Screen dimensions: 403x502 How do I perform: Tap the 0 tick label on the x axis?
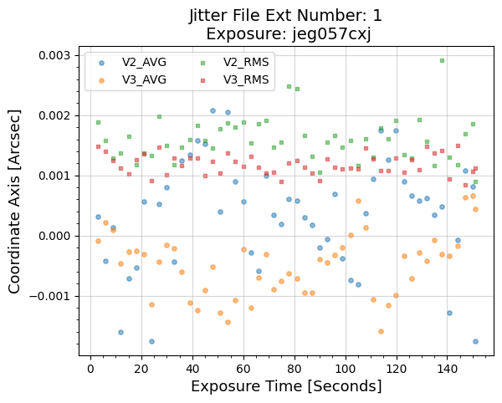90,368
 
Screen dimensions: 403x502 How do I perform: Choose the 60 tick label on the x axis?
243,368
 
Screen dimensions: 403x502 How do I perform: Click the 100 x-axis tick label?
346,368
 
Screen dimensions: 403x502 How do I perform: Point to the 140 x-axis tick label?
448,368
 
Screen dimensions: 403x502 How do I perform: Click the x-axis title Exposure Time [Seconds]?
286,386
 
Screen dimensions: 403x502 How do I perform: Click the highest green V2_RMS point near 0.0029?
442,60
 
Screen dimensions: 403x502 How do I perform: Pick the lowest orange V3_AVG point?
381,331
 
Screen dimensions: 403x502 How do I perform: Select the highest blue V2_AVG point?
213,110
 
